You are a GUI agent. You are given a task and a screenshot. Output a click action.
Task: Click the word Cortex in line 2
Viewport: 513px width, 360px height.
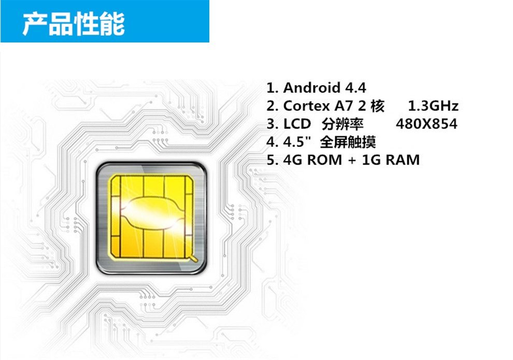coord(306,106)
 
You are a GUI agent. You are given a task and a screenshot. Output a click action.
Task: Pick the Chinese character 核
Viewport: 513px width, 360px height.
coord(378,106)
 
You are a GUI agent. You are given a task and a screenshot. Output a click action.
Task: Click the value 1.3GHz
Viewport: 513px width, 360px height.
coord(433,106)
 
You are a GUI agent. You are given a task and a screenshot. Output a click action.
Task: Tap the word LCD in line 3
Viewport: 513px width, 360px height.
coord(297,124)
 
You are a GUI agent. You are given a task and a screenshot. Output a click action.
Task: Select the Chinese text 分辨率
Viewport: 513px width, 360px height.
coord(343,124)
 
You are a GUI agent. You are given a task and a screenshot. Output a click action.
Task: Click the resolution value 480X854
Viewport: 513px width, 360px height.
coord(426,124)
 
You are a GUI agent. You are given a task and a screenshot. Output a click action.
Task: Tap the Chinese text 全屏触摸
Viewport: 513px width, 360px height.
coord(348,142)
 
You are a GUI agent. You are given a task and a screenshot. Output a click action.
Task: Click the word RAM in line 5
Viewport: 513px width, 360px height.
coord(402,160)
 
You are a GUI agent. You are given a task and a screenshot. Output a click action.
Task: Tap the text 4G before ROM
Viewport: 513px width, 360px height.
coord(293,160)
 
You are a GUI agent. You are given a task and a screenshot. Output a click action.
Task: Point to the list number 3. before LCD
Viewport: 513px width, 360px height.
coord(272,124)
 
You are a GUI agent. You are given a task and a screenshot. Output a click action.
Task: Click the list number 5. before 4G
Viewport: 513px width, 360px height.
coord(272,160)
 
